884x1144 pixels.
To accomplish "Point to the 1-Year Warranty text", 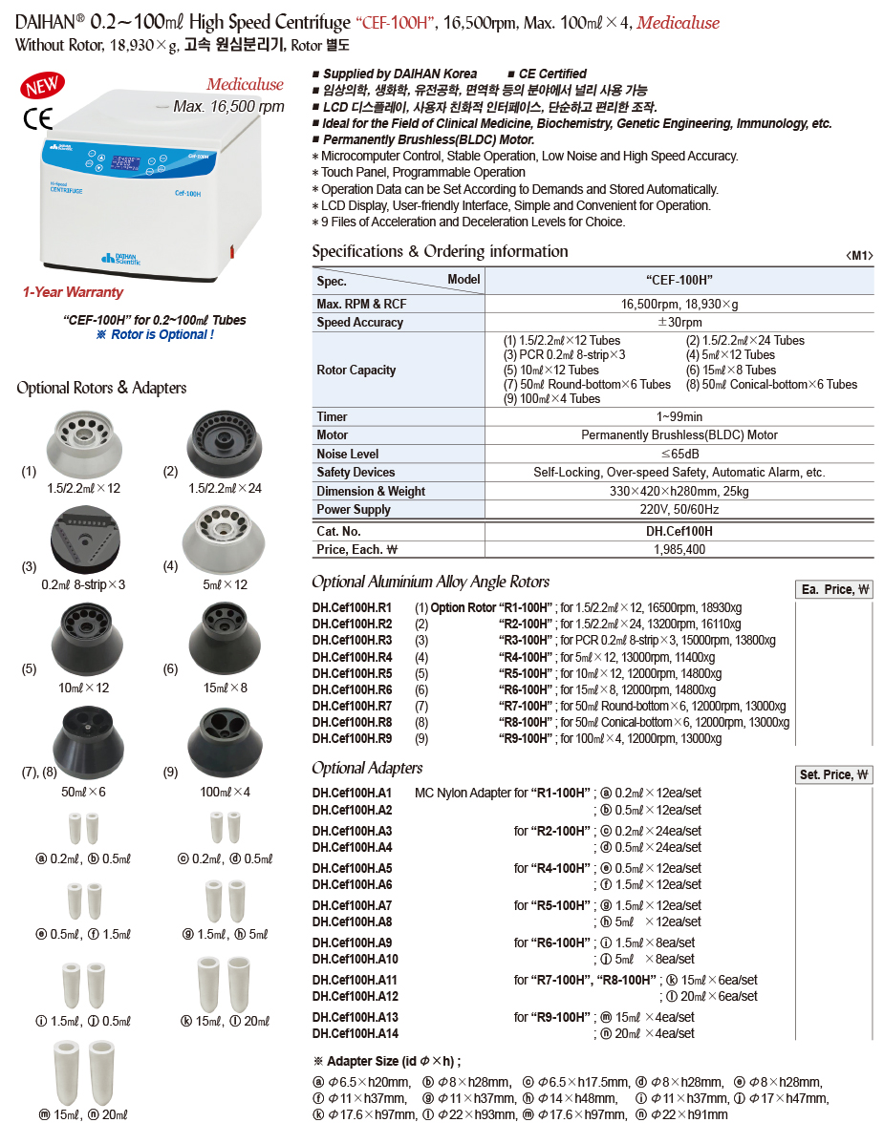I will click(x=74, y=292).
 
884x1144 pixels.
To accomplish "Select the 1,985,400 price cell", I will click(x=679, y=549).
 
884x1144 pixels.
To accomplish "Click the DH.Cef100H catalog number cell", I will click(x=679, y=531).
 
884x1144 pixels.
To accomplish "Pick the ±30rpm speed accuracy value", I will click(x=679, y=322).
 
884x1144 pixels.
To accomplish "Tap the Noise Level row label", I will click(x=348, y=454).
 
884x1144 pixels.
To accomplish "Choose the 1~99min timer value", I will click(x=679, y=416).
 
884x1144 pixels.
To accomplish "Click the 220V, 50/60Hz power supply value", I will click(x=679, y=509).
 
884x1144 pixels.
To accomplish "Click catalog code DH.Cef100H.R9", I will click(x=352, y=738).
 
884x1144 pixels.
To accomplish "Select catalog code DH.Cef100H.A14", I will click(x=355, y=1033).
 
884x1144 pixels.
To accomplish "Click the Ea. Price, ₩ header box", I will click(x=833, y=589).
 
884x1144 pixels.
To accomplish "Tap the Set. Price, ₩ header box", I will click(x=833, y=774).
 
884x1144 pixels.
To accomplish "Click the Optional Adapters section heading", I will click(x=367, y=768).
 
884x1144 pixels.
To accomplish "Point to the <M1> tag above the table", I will click(x=859, y=255).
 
